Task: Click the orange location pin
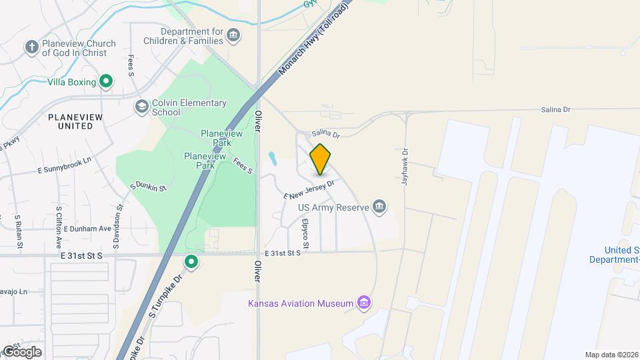click(320, 159)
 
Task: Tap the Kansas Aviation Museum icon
click(364, 303)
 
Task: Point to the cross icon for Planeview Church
click(31, 47)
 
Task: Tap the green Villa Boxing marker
click(105, 82)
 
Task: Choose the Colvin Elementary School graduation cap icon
click(141, 107)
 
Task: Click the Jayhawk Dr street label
click(404, 167)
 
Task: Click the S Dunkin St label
click(147, 186)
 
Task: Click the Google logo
click(22, 351)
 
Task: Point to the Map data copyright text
click(612, 355)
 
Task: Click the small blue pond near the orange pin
click(273, 159)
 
